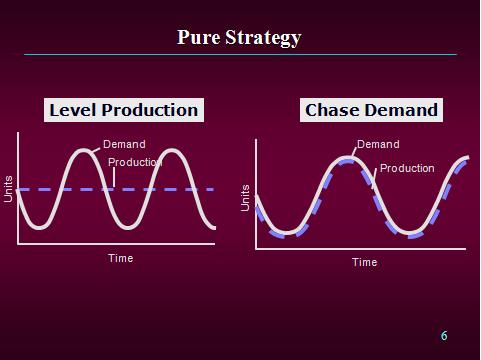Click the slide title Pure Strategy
239,38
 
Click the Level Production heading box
124,110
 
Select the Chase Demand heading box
372,110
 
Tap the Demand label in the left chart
124,145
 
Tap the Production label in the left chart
135,162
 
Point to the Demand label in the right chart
378,144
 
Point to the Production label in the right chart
407,168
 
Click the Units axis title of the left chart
8,189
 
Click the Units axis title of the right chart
246,197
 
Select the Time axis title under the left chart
120,258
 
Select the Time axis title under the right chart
364,262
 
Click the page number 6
444,336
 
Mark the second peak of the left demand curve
172,151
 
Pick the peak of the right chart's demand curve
344,158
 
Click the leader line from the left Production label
115,177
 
